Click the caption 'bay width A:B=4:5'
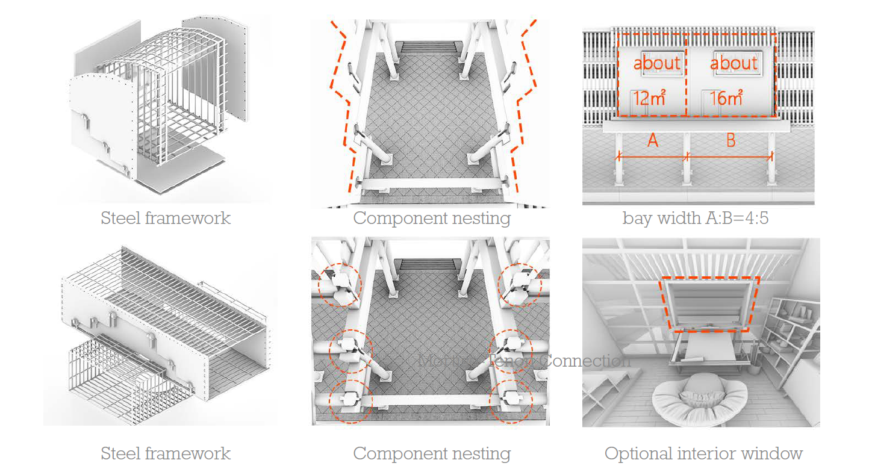pyautogui.click(x=695, y=218)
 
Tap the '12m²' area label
pyautogui.click(x=649, y=98)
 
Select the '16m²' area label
pyautogui.click(x=726, y=98)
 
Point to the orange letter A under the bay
pyautogui.click(x=652, y=140)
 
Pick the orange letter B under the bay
pyautogui.click(x=730, y=140)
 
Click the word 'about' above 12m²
pyautogui.click(x=656, y=63)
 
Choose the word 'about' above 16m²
pyautogui.click(x=733, y=63)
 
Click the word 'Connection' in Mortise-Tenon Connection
pyautogui.click(x=586, y=361)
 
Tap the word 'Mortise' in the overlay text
pyautogui.click(x=444, y=361)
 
